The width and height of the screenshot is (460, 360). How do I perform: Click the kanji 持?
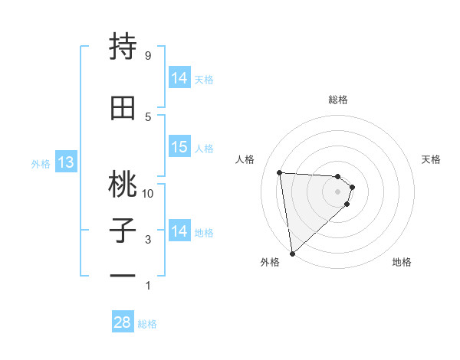(x=123, y=47)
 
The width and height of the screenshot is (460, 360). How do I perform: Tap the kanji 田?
(x=123, y=109)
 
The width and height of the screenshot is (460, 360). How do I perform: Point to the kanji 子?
(x=123, y=231)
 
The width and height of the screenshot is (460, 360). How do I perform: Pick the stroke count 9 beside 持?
(x=147, y=55)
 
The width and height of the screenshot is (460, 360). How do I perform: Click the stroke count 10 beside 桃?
(x=148, y=193)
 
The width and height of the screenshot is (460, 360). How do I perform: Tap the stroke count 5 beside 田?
(x=147, y=116)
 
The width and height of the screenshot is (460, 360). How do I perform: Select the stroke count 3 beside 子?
(x=147, y=240)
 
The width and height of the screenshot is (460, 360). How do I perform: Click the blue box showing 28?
(x=123, y=322)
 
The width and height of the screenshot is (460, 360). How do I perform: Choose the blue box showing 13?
(x=65, y=162)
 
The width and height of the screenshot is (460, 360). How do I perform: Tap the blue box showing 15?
(x=179, y=147)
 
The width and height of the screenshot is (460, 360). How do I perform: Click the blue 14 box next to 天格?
(x=179, y=78)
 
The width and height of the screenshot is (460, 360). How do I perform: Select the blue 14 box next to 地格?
(x=179, y=231)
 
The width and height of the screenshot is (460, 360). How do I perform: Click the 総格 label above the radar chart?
(x=338, y=100)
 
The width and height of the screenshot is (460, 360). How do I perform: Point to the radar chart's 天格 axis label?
(x=432, y=159)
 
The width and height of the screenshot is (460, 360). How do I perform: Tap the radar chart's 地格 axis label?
(x=402, y=263)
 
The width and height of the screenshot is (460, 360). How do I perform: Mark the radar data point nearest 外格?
(x=292, y=253)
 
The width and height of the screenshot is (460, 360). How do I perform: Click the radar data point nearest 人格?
(x=279, y=172)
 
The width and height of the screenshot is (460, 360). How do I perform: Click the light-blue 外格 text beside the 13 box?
(x=40, y=163)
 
